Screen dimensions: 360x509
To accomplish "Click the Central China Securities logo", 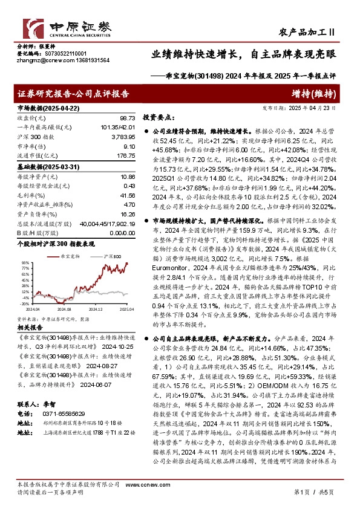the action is tap(67, 28).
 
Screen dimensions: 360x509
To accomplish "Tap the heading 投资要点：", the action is tap(158, 117).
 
